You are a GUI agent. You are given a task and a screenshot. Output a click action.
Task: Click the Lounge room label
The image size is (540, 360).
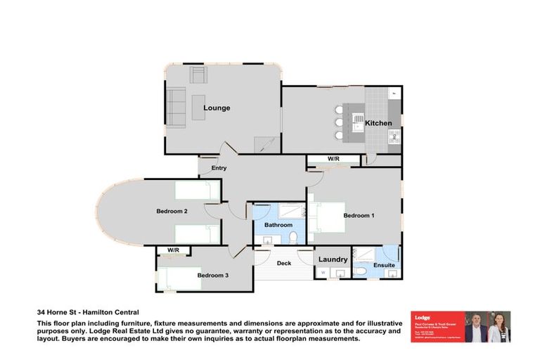217,108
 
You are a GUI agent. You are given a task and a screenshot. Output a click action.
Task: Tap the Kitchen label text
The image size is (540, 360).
378,123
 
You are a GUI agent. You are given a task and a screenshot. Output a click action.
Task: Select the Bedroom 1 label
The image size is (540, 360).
358,215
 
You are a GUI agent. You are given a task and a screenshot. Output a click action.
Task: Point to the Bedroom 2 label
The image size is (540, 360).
172,211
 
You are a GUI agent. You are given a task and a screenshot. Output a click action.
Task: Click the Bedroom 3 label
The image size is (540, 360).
212,275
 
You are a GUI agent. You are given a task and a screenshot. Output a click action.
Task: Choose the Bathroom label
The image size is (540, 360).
278,225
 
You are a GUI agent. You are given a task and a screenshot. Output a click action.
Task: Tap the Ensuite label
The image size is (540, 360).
383,265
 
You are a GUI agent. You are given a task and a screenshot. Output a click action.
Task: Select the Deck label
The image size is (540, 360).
283,263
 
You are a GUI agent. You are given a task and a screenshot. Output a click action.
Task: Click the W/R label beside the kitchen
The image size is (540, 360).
333,159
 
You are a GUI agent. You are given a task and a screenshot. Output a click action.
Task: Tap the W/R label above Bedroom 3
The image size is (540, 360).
172,250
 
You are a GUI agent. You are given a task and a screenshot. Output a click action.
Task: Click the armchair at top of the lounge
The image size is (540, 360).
198,75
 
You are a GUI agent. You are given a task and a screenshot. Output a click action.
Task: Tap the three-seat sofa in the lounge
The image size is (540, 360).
175,105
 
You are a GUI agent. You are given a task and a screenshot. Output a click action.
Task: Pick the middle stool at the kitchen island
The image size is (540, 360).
339,122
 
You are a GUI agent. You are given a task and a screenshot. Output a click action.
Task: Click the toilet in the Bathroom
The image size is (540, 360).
269,240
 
